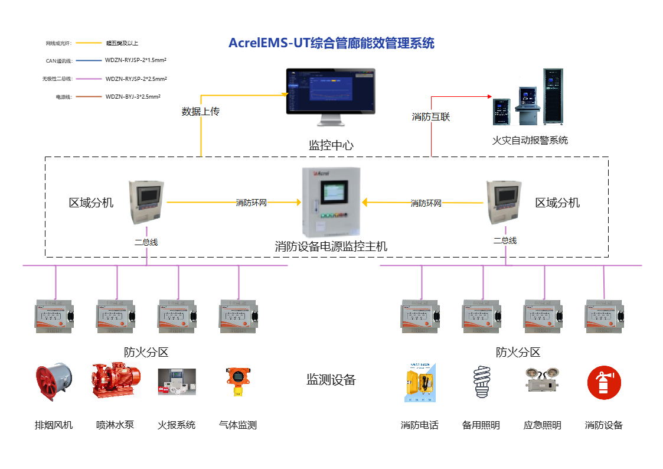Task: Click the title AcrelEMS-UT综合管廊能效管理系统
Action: [x=331, y=43]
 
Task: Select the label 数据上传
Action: [x=201, y=111]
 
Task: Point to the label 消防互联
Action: [x=431, y=117]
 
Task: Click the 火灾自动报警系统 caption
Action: [x=530, y=141]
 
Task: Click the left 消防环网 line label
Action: [x=252, y=203]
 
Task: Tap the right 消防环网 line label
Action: [x=426, y=203]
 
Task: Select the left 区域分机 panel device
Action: [x=146, y=203]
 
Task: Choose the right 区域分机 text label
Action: [x=557, y=203]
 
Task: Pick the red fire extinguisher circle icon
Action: [x=604, y=382]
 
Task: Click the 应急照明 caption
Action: [x=542, y=425]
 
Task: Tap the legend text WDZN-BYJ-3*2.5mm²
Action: [x=133, y=96]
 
